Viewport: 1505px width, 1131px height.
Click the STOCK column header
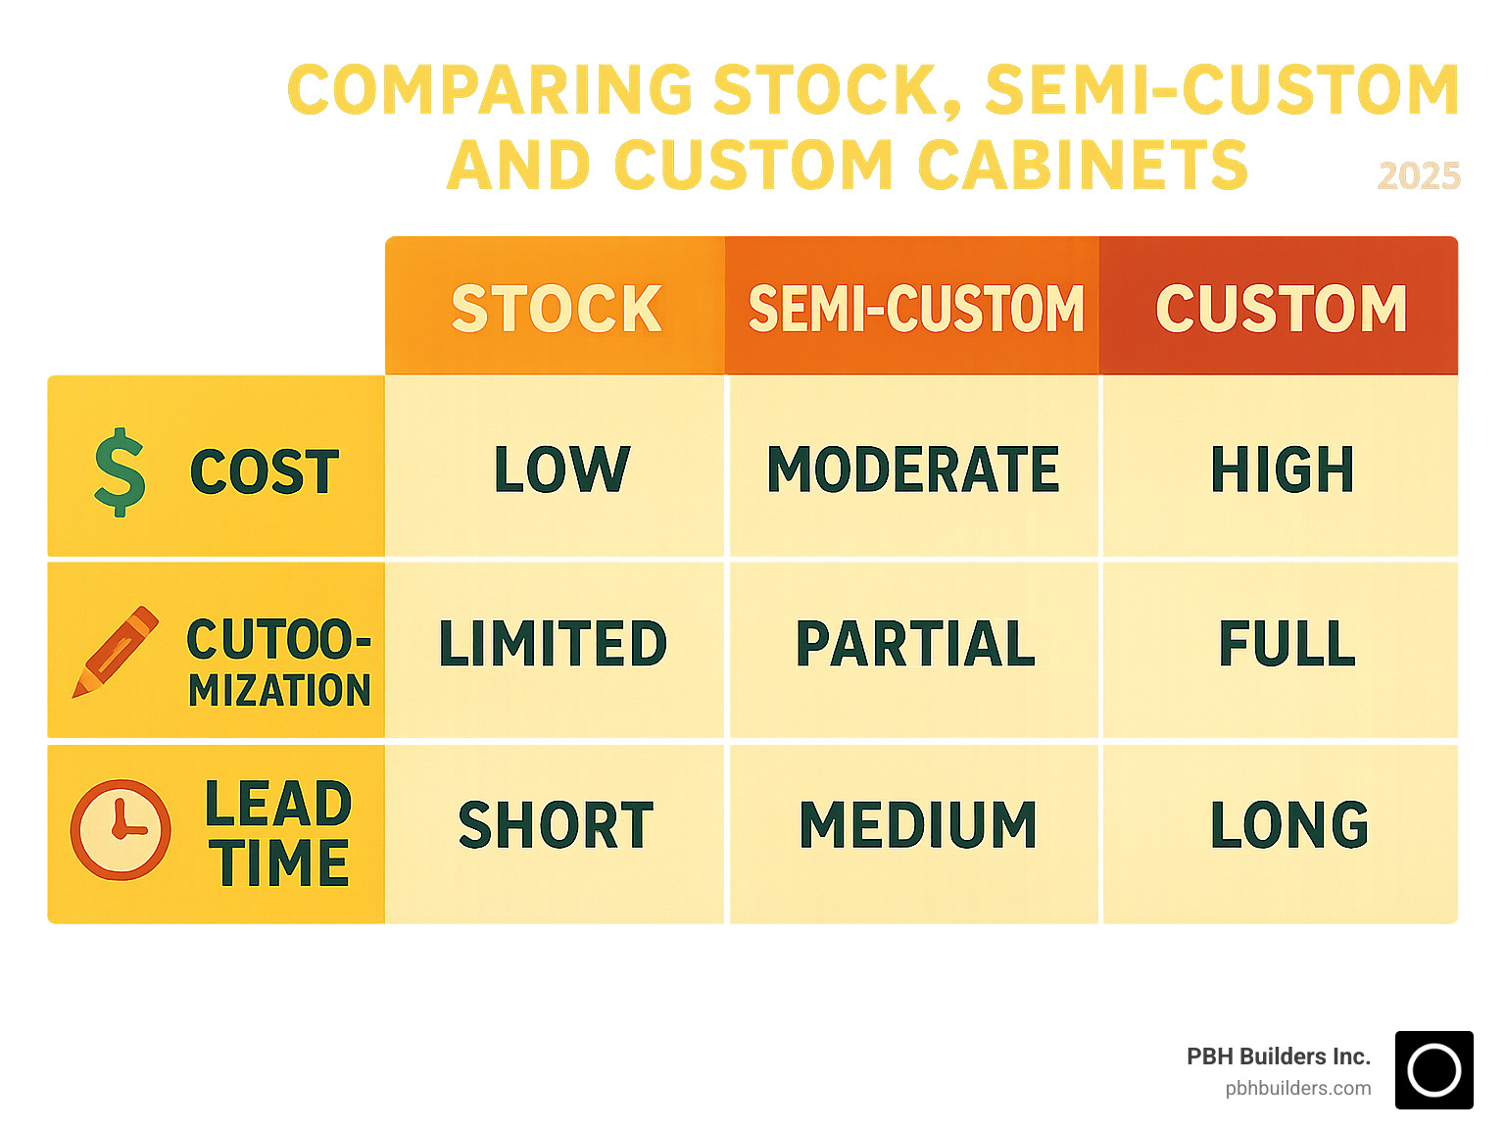pos(556,308)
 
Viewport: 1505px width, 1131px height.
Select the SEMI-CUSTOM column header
pos(915,308)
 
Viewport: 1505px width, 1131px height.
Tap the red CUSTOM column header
pos(1280,308)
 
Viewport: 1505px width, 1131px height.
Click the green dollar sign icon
pos(120,471)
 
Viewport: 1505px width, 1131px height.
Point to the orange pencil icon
pos(116,652)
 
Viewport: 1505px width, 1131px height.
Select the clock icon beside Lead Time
pos(121,829)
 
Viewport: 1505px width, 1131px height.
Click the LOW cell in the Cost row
pos(560,468)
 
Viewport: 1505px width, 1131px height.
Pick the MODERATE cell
pos(913,468)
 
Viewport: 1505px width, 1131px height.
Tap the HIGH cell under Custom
pos(1282,468)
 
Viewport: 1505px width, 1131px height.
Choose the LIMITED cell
pos(553,644)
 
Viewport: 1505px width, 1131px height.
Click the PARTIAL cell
pos(915,644)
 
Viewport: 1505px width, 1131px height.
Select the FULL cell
pos(1287,644)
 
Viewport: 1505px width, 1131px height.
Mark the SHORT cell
pos(555,825)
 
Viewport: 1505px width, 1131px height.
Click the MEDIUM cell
pos(917,825)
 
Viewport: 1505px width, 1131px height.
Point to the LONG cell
pos(1288,825)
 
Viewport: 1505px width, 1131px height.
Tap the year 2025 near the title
pos(1419,176)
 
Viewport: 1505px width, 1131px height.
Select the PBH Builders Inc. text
pos(1278,1057)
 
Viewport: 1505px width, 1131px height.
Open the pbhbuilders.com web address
pos(1297,1088)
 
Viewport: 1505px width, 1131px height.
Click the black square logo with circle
pos(1433,1070)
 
